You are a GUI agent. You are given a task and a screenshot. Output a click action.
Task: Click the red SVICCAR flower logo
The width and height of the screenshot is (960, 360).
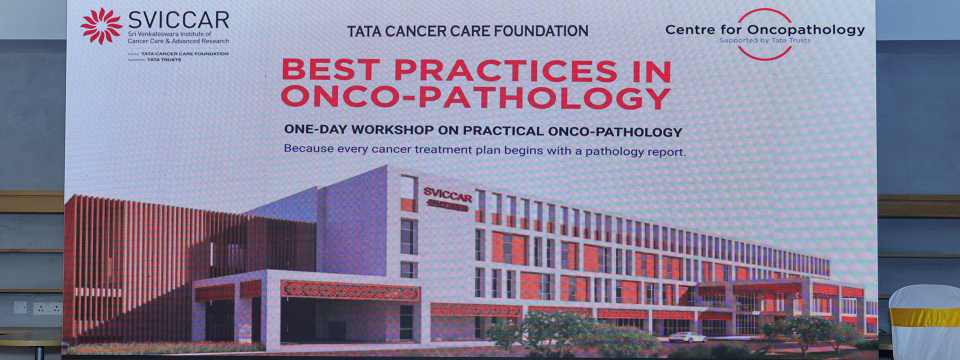pyautogui.click(x=101, y=26)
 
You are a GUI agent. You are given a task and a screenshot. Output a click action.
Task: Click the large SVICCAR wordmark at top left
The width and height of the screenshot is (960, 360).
pyautogui.click(x=178, y=20)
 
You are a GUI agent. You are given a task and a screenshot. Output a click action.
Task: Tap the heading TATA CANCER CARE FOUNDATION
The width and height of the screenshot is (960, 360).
pyautogui.click(x=467, y=31)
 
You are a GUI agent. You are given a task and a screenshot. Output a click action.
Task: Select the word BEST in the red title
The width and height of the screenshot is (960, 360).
pyautogui.click(x=331, y=70)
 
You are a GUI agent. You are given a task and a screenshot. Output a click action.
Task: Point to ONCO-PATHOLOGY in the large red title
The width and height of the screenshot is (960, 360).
pyautogui.click(x=475, y=97)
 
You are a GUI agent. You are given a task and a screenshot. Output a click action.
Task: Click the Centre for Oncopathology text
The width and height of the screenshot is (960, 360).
pyautogui.click(x=764, y=29)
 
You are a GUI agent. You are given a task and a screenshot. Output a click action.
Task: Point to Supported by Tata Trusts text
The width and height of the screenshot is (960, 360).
pyautogui.click(x=764, y=40)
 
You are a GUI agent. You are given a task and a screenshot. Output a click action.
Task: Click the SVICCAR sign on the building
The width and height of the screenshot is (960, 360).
pyautogui.click(x=447, y=194)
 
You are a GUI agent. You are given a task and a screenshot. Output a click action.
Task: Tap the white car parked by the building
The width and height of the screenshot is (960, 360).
pyautogui.click(x=687, y=337)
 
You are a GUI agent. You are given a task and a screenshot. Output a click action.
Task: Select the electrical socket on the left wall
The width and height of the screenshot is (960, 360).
pyautogui.click(x=47, y=308)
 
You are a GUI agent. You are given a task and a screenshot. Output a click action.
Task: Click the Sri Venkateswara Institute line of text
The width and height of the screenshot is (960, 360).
pyautogui.click(x=169, y=34)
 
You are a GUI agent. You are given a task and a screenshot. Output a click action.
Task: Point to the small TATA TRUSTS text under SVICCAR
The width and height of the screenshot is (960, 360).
pyautogui.click(x=164, y=60)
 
